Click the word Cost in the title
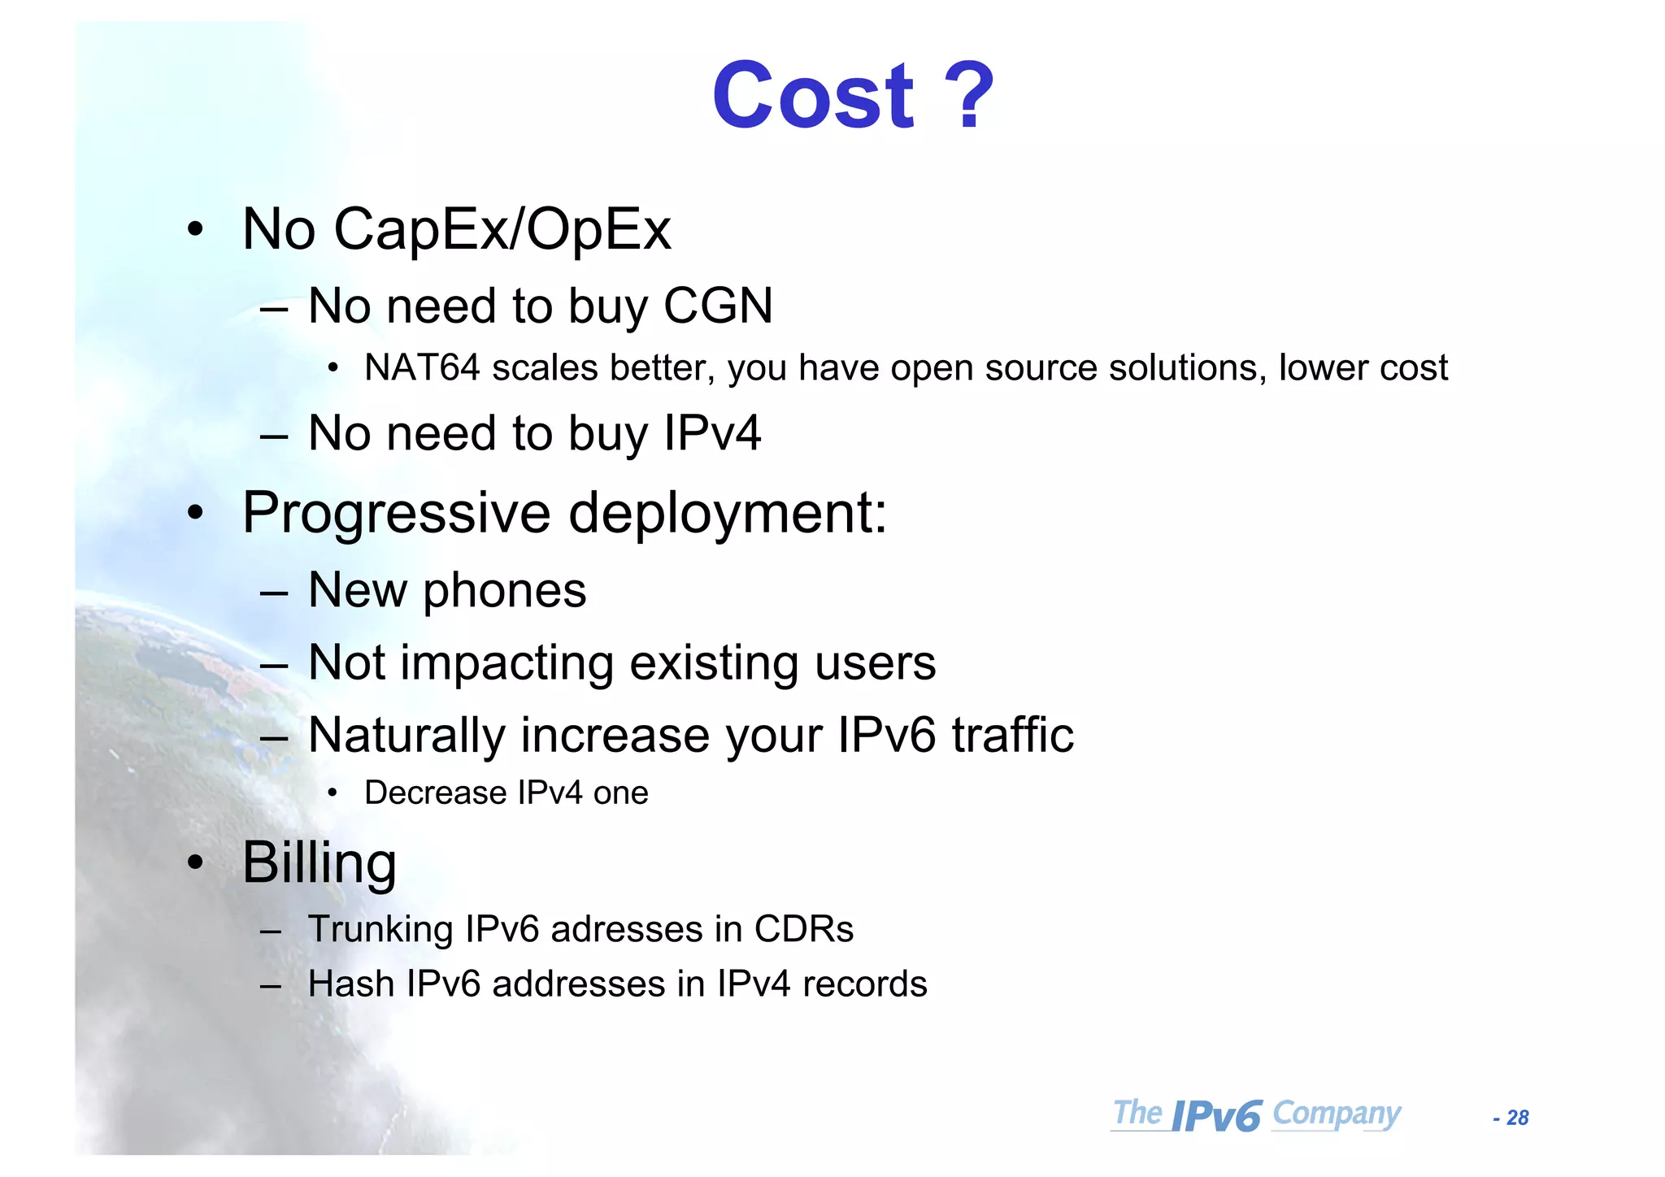pos(814,97)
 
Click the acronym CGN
pos(718,306)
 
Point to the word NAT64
pos(422,368)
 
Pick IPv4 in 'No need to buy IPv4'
pos(712,433)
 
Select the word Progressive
pos(397,514)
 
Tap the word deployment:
pos(728,514)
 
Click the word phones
pos(504,590)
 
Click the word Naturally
pos(406,736)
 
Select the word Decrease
pos(435,793)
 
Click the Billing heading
pos(320,863)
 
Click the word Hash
pos(350,984)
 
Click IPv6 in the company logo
pos(1216,1116)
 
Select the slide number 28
pos(1517,1118)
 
